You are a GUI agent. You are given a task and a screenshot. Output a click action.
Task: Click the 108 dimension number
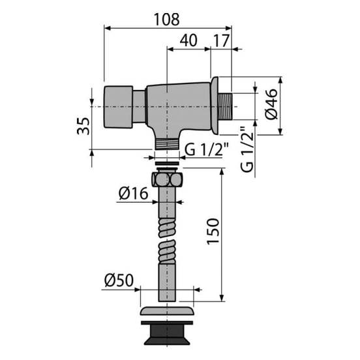(167, 20)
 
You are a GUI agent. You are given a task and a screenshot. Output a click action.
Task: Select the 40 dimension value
(188, 40)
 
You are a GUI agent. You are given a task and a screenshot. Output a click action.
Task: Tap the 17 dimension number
(221, 40)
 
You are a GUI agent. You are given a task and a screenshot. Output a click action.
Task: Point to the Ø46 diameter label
(271, 104)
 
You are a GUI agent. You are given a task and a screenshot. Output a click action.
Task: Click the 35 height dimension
(83, 126)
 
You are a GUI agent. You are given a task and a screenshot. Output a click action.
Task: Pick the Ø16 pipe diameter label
(133, 193)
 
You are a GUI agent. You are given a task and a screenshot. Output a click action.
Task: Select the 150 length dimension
(213, 232)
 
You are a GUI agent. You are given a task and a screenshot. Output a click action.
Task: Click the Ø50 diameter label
(119, 280)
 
